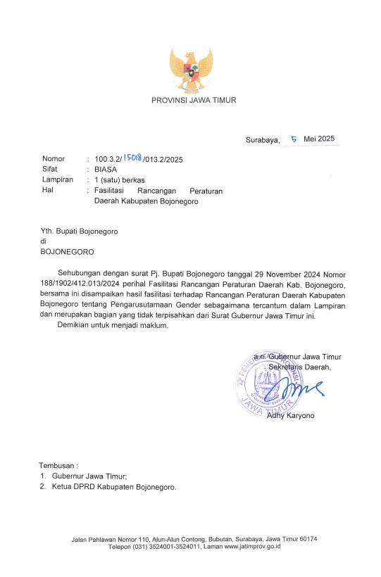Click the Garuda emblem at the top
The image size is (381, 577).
(x=191, y=70)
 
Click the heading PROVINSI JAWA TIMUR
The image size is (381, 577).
(x=194, y=101)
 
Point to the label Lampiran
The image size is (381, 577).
(x=58, y=180)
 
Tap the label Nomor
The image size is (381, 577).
(x=54, y=159)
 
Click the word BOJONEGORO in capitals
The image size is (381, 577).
(x=67, y=251)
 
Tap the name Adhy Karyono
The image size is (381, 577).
(x=291, y=415)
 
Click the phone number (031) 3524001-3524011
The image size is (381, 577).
(x=168, y=546)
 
